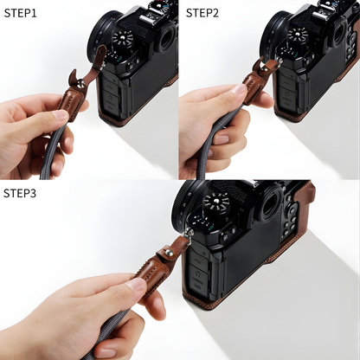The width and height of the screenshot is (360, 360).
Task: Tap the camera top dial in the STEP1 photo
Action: click(x=120, y=39)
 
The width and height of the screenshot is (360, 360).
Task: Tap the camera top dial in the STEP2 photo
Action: click(x=298, y=35)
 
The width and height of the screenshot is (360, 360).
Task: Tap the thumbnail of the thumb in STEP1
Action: click(x=60, y=115)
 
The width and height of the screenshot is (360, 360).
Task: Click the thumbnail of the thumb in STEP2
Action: click(x=239, y=88)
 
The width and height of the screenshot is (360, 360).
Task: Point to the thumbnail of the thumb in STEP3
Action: click(x=137, y=285)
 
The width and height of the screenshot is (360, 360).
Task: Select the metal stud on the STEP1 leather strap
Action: click(x=81, y=83)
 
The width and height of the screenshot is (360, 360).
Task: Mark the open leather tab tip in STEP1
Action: click(x=102, y=52)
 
